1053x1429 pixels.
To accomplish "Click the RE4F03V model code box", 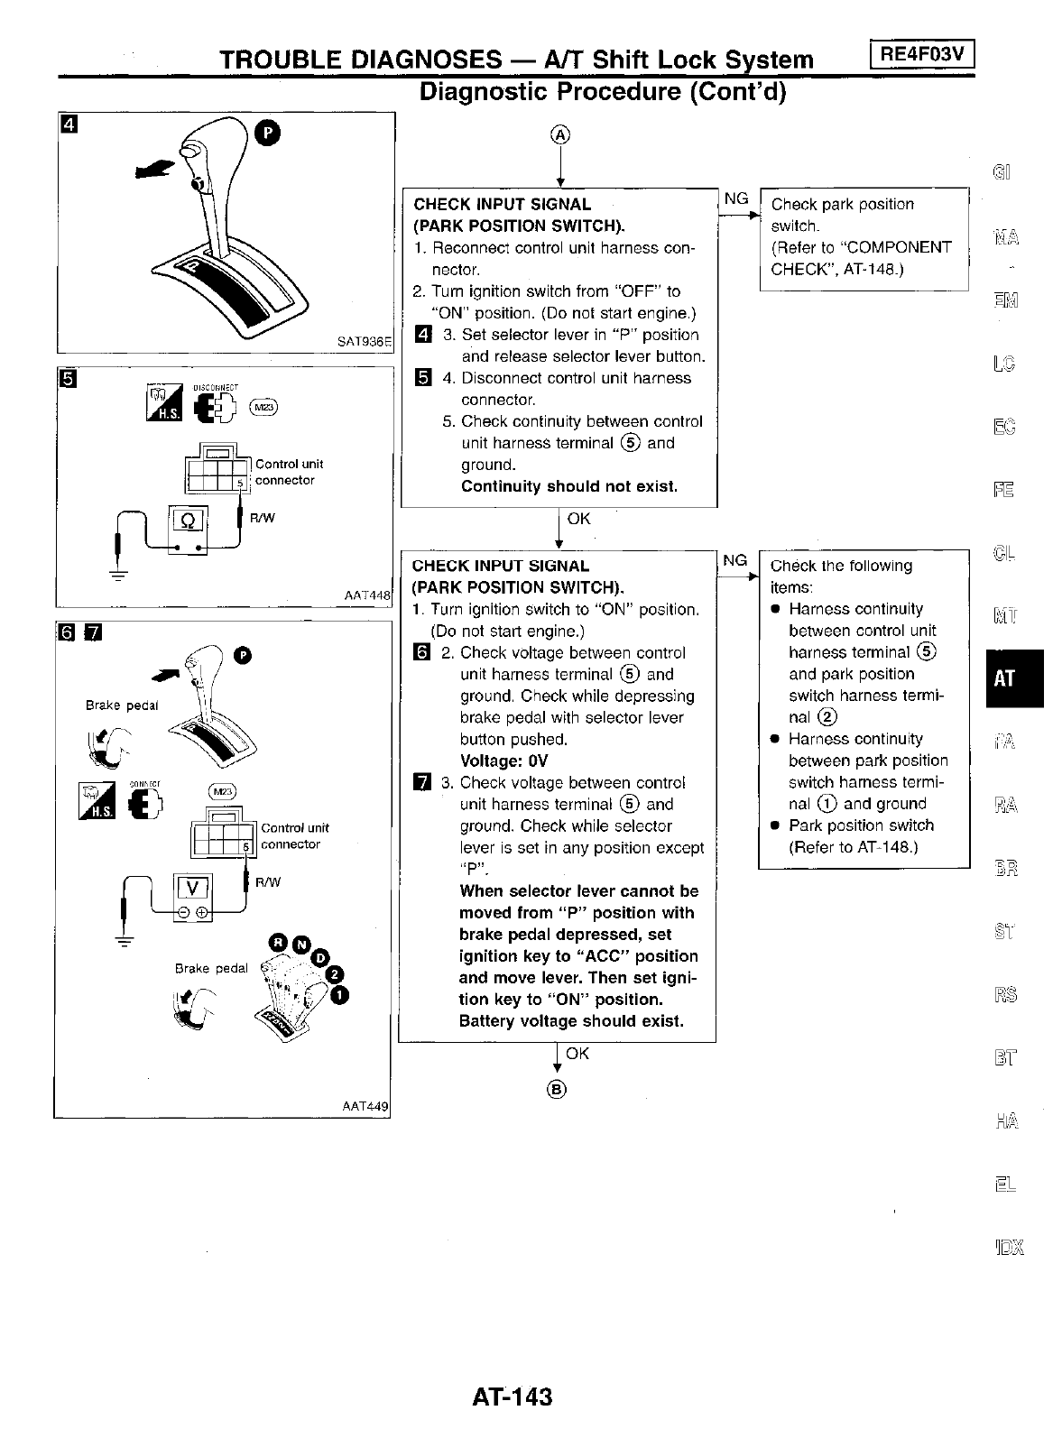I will coord(922,55).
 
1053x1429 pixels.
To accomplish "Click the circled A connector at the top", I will coord(560,135).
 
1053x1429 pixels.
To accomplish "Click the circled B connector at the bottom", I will coord(558,1090).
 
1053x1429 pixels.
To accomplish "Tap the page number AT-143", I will coord(512,1397).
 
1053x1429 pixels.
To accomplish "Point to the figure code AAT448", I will coord(367,595).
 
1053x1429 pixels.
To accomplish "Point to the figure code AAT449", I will coord(365,1106).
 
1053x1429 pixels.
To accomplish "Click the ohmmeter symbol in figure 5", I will coord(189,523).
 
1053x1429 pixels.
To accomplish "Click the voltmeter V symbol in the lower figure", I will coord(191,887).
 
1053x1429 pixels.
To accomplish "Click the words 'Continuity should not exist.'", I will coord(568,486).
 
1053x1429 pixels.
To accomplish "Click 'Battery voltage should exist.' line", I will coord(571,1021).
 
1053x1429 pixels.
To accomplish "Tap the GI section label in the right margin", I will coord(1002,171).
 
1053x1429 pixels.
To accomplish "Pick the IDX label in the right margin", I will coord(1009,1249).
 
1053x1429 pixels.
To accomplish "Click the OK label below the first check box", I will coord(578,519).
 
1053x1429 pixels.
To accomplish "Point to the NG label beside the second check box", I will coord(735,560).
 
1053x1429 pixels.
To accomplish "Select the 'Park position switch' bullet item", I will coord(861,825).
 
